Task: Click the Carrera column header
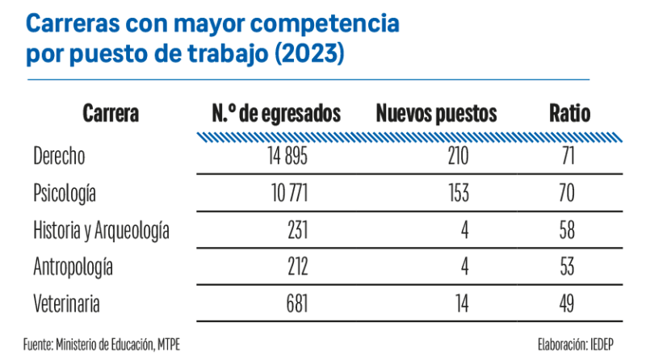(x=110, y=115)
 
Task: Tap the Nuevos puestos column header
(x=437, y=115)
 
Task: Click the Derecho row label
(x=59, y=156)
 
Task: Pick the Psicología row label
(x=65, y=193)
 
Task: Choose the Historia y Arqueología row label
(x=101, y=230)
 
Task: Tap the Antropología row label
(x=73, y=266)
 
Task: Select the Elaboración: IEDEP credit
(x=576, y=344)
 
